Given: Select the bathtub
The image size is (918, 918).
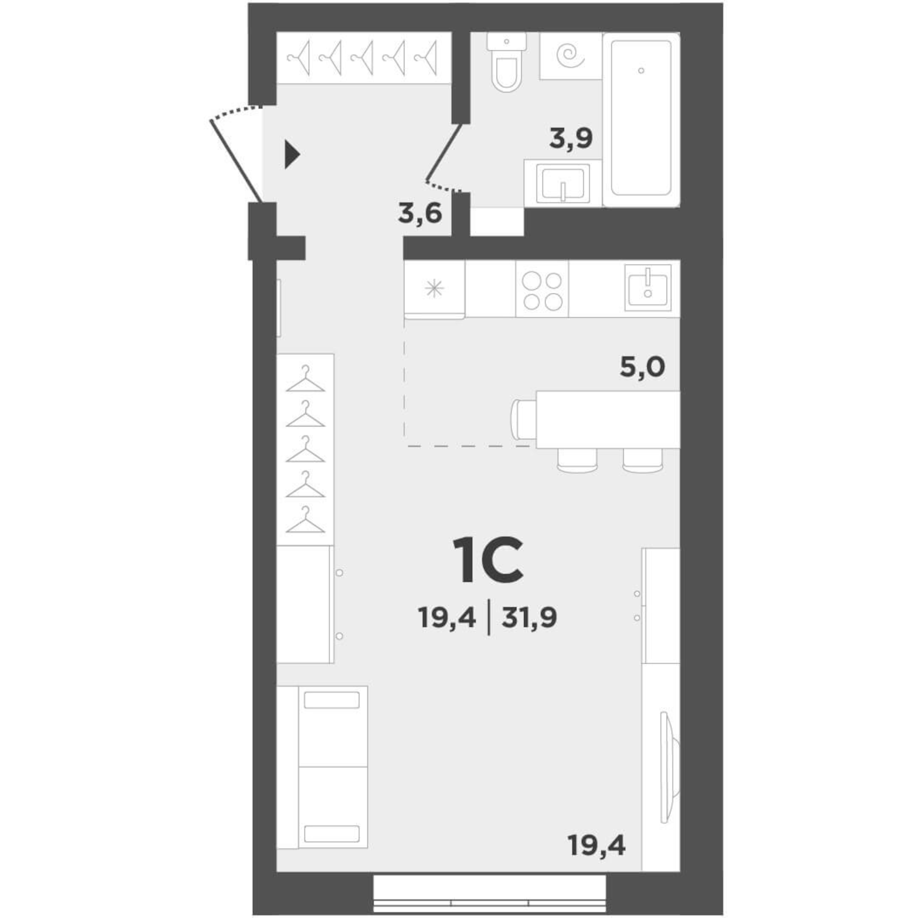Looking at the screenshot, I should [641, 118].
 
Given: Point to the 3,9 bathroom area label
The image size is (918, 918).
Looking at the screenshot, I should [571, 138].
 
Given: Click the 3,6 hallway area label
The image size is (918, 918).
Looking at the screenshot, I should [420, 213].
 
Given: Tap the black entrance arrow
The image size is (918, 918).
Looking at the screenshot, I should [291, 155].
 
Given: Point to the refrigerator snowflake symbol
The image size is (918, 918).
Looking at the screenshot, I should [434, 289].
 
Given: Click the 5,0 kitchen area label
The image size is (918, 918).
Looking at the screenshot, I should [642, 367].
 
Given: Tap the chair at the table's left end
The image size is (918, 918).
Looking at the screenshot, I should [523, 419].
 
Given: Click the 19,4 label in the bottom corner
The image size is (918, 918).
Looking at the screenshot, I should [597, 846].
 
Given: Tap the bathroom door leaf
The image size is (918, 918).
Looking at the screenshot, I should [444, 151].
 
